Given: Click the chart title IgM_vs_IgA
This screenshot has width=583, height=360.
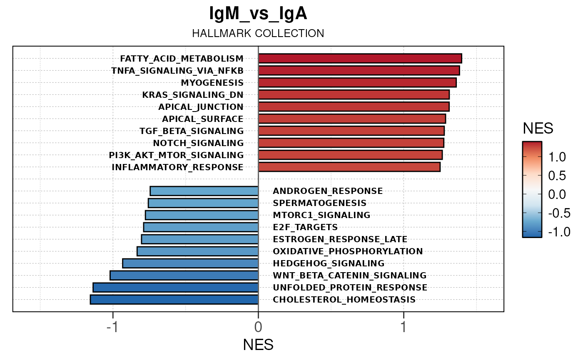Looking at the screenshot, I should click(258, 14).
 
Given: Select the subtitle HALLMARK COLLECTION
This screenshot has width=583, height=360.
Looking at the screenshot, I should click(258, 33).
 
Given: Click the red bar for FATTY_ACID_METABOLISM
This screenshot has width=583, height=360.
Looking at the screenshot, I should click(360, 58).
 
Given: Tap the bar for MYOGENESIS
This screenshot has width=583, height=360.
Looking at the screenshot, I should click(357, 82).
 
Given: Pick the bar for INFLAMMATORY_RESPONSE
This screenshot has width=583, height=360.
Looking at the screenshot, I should click(349, 167).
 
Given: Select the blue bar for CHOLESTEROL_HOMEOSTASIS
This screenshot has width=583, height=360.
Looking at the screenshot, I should click(174, 299).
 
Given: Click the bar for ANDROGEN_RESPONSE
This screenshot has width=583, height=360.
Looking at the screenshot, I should click(204, 191).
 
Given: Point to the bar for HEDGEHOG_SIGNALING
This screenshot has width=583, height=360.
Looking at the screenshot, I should click(190, 263).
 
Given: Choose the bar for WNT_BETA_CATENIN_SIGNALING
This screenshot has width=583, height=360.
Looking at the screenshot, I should click(184, 275).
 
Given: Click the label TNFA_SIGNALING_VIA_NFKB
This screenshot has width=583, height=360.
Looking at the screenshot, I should click(177, 70).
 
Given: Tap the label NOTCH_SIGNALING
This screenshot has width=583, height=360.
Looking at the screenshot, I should click(198, 143).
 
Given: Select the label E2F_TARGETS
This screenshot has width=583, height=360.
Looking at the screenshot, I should click(305, 227).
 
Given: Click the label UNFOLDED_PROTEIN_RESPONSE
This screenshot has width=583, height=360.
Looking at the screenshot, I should click(350, 288).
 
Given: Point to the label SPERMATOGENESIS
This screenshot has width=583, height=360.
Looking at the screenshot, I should click(319, 203).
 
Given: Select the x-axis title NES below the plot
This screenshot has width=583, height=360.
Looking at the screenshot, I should click(258, 345).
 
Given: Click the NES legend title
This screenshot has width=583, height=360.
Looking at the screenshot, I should click(538, 129).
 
